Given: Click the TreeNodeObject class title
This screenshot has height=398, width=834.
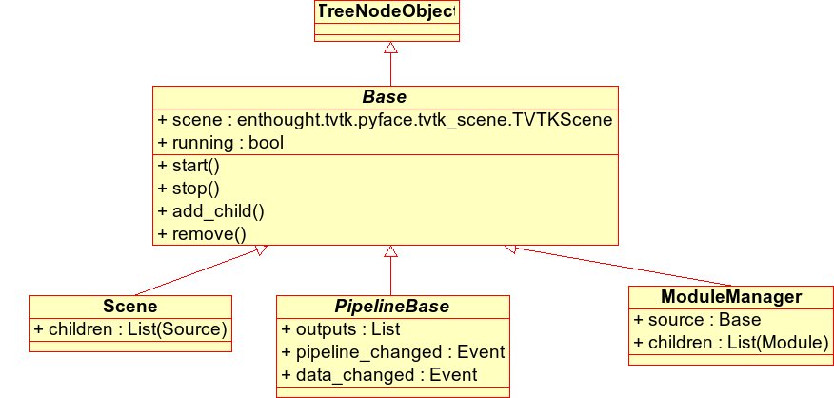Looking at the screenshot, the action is pos(387,11).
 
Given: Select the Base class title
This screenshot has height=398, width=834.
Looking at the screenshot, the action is pos(385,97).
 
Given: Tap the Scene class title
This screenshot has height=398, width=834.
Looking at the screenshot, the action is pos(130,307).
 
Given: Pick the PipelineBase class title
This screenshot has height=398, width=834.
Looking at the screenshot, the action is pos(392,307).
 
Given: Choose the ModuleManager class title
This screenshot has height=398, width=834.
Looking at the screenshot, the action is pos(731,296).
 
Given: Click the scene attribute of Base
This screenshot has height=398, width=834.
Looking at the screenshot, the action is pos(385,120).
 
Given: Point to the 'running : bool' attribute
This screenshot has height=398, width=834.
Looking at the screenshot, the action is pos(221,143).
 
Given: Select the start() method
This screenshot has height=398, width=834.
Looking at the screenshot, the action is pos(189,166).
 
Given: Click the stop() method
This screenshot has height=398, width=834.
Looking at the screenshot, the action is pos(189,189).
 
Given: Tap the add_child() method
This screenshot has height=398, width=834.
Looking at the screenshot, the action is pos(211,211).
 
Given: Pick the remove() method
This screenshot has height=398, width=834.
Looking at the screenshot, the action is pos(202,234).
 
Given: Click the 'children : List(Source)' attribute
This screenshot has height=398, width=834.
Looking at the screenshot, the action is pos(130,329).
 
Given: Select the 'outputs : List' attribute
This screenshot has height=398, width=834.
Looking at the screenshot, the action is pos(341,329).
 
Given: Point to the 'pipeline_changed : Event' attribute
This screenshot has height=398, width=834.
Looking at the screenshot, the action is pos(393,352).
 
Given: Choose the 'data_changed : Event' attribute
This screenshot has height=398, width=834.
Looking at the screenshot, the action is pos(379,375).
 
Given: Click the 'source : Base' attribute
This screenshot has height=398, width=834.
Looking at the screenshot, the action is pos(697,320).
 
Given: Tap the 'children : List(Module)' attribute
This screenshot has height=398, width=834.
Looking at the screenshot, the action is pos(731,343).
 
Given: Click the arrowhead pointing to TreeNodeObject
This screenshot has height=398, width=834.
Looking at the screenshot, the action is pos(391,48).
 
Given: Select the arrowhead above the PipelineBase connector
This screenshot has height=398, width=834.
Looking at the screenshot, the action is pos(391,251).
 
